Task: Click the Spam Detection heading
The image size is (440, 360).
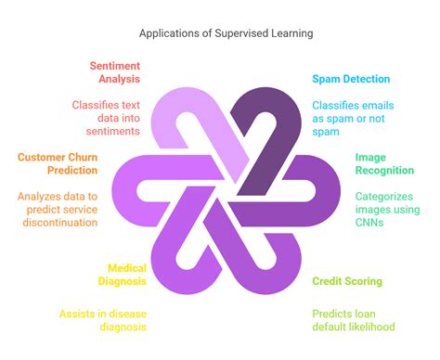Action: click(351, 81)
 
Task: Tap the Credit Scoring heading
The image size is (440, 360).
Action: click(347, 281)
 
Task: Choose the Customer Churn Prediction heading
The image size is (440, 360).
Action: click(58, 164)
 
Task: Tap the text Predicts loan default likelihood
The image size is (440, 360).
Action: click(353, 320)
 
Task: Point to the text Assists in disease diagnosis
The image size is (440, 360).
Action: click(102, 320)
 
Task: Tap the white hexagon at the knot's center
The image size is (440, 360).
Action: click(220, 185)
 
